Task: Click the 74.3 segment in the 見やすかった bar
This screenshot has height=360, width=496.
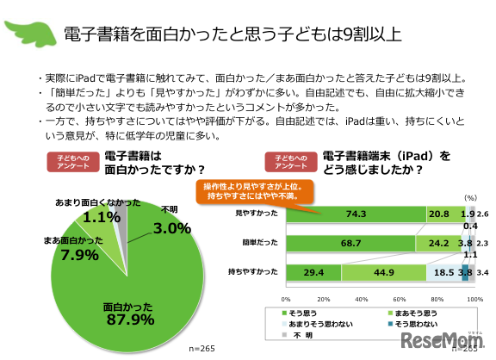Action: pos(355,213)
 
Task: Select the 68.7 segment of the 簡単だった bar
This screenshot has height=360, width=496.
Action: pos(350,243)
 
